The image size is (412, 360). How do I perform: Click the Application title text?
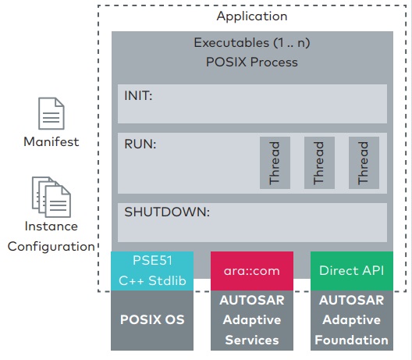[x=252, y=16]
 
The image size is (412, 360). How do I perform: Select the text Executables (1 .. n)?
[x=252, y=43]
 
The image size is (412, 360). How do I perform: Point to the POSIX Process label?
[x=252, y=62]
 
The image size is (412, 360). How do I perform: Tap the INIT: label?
[x=138, y=96]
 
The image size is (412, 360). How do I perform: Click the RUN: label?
[x=140, y=144]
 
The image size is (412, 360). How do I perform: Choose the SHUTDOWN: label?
[x=167, y=212]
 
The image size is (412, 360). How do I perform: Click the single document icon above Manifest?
[x=51, y=113]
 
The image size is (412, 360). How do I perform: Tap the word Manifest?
[x=51, y=142]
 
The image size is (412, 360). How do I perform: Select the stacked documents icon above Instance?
[x=51, y=197]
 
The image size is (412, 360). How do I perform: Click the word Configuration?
[x=51, y=247]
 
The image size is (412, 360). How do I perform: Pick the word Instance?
[x=51, y=226]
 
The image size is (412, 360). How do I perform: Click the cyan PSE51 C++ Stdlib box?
[x=152, y=271]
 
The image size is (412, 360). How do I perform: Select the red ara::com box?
[x=252, y=271]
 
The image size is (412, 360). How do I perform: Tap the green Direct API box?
[x=352, y=271]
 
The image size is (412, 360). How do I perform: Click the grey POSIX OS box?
[x=152, y=320]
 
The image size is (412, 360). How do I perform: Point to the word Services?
[x=252, y=340]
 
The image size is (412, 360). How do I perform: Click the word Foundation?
[x=352, y=340]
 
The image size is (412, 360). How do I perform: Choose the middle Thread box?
[x=319, y=162]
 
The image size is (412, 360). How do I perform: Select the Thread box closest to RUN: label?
[x=275, y=162]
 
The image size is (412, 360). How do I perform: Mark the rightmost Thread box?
[x=364, y=162]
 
